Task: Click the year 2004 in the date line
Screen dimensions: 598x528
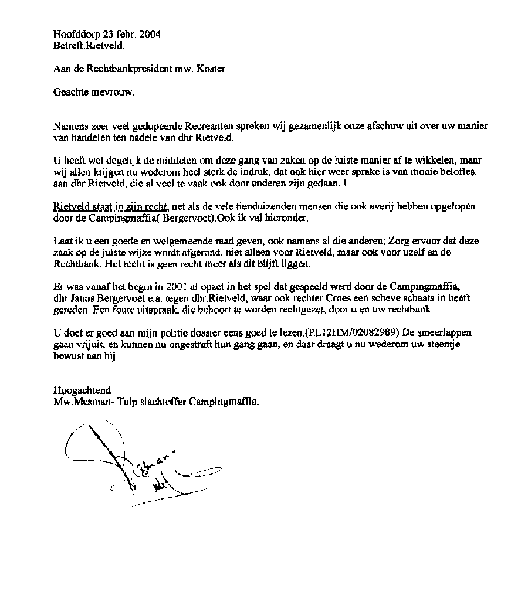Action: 150,34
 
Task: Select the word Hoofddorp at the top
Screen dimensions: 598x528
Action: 72,34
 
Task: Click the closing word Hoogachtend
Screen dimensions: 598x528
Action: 82,390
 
